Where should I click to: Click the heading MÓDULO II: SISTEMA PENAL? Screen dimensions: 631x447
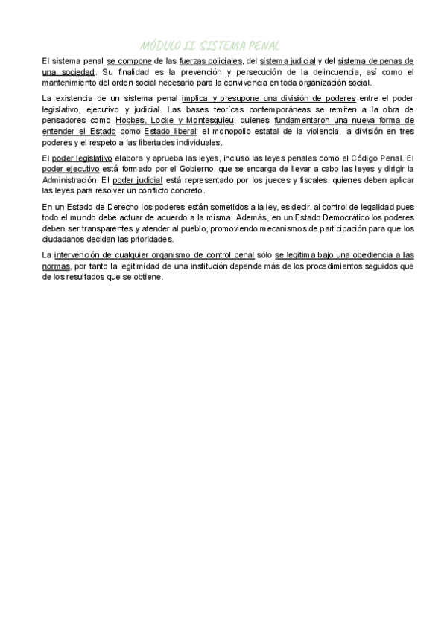pos(209,46)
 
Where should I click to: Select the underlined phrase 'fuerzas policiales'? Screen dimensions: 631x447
pos(211,60)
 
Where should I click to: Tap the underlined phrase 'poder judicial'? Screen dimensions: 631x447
pos(138,180)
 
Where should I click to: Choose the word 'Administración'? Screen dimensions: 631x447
pos(71,180)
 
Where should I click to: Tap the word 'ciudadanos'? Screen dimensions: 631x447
pos(66,240)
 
